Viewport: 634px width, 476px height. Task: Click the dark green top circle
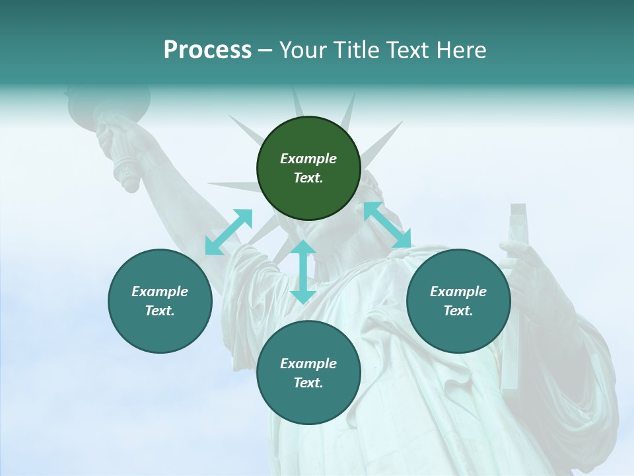[x=308, y=169]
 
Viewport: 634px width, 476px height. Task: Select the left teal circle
[x=160, y=301]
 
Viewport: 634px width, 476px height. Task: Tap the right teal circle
[x=458, y=301]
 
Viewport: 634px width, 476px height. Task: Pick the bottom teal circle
[x=308, y=373]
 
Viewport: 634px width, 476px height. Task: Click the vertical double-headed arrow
[x=303, y=272]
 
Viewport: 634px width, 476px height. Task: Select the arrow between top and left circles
[x=229, y=232]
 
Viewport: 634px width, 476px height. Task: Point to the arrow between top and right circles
[x=387, y=225]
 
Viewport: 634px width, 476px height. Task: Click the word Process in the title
[x=207, y=50]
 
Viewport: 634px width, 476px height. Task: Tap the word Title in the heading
[x=355, y=50]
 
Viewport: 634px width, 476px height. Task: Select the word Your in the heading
[x=303, y=50]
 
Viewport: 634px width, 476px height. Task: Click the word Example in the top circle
[x=308, y=159]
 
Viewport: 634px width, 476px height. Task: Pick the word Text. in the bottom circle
[x=308, y=383]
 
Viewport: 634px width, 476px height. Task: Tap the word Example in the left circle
[x=160, y=292]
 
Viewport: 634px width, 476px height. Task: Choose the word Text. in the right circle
[x=458, y=311]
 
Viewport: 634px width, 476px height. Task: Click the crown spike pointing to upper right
[x=384, y=141]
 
